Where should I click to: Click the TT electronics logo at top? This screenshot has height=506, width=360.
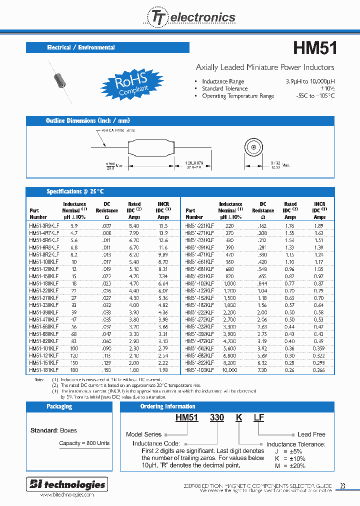[x=190, y=17]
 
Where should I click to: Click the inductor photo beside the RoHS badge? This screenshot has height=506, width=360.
[x=60, y=81]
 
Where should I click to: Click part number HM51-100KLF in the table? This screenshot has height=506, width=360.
[x=44, y=261]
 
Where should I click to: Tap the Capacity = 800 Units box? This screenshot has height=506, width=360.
[x=84, y=443]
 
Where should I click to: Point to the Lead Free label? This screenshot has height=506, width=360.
[x=311, y=434]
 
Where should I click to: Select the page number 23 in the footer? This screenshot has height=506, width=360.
[x=342, y=485]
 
